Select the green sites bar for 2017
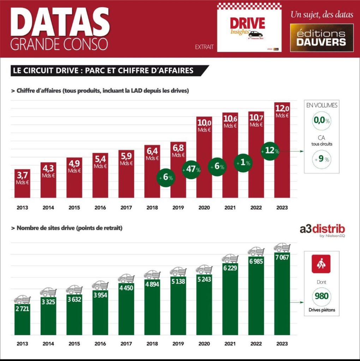[x=126, y=310]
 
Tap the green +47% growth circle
[x=191, y=170]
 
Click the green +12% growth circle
[x=270, y=151]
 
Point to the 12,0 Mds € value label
[x=282, y=110]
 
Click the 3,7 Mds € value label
[x=22, y=177]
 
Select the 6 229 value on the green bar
[x=230, y=268]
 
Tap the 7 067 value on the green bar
[x=282, y=257]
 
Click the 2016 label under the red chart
[x=100, y=208]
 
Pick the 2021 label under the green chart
[x=230, y=344]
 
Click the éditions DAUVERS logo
[x=322, y=38]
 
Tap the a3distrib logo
[x=322, y=230]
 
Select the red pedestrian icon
[x=321, y=264]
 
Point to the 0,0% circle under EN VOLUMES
[x=321, y=120]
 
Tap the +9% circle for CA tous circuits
[x=321, y=159]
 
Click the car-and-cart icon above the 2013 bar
[x=22, y=299]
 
